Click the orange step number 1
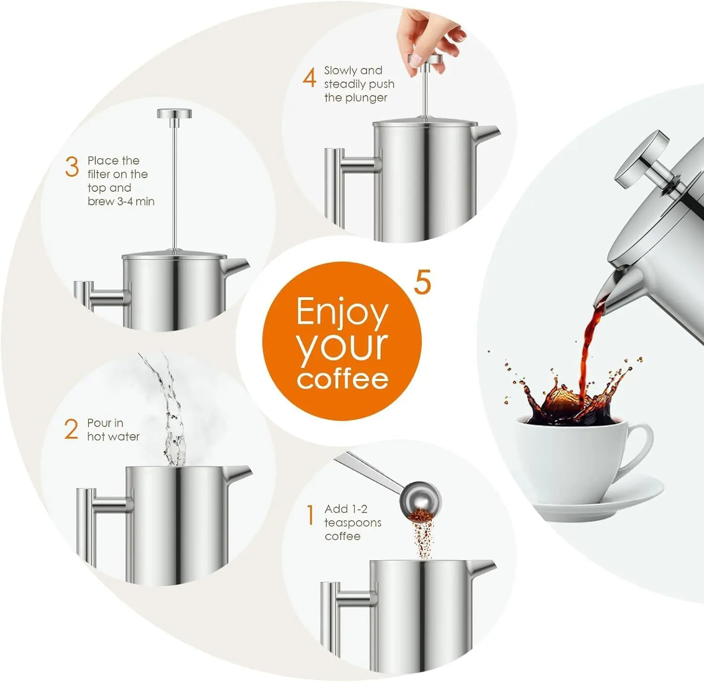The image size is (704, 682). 310,516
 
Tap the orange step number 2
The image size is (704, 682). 71,429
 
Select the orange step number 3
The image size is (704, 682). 72,167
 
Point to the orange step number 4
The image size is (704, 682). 309,77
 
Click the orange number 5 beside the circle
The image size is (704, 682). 422,282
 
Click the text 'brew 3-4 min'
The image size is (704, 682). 121,202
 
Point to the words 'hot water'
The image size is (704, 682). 113,437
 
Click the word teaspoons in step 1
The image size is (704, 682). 353,523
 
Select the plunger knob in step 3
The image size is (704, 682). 174,114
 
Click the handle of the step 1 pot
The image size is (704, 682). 331,614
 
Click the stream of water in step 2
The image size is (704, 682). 171,412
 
